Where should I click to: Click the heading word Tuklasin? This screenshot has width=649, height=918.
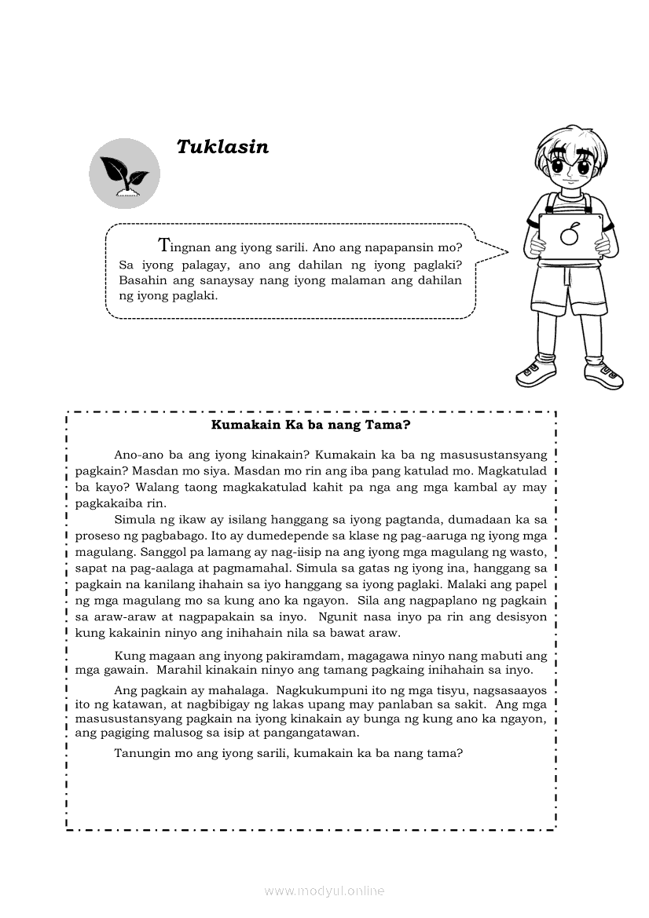tap(222, 147)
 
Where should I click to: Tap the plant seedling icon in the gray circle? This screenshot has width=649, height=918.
tap(124, 172)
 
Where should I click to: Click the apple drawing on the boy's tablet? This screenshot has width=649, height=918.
tap(570, 234)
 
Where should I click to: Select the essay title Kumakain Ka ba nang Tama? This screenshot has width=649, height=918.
tap(312, 425)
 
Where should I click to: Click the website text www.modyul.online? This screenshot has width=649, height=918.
tap(324, 891)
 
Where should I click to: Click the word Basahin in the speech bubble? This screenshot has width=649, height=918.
tap(141, 280)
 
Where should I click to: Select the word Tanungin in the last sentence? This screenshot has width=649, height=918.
tap(139, 753)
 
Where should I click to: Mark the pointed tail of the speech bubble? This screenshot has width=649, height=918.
tap(503, 251)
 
